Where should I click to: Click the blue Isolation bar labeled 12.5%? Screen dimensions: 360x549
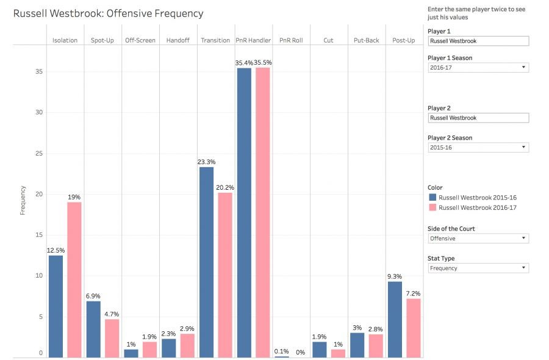56,306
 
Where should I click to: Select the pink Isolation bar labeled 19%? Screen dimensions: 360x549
74,279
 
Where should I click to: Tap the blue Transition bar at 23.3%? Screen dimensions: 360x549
206,262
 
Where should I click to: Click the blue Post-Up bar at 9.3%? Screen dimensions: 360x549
395,319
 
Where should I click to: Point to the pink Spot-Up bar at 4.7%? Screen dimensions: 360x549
112,338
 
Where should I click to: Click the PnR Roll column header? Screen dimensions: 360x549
291,40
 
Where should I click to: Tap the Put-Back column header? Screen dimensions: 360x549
366,40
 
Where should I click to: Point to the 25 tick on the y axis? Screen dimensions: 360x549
38,153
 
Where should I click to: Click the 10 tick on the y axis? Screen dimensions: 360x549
38,276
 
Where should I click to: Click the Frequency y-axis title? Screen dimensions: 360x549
23,201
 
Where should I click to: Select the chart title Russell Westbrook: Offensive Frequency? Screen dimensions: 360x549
109,13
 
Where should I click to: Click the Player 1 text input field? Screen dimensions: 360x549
478,41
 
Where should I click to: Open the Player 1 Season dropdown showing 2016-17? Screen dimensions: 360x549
478,68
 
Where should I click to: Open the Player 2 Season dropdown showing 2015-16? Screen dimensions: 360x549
478,148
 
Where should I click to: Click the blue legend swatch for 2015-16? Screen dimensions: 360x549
433,198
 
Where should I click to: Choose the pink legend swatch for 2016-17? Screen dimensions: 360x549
433,207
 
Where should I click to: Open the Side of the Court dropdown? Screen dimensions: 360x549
478,239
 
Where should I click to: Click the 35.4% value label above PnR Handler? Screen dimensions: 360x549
244,63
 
